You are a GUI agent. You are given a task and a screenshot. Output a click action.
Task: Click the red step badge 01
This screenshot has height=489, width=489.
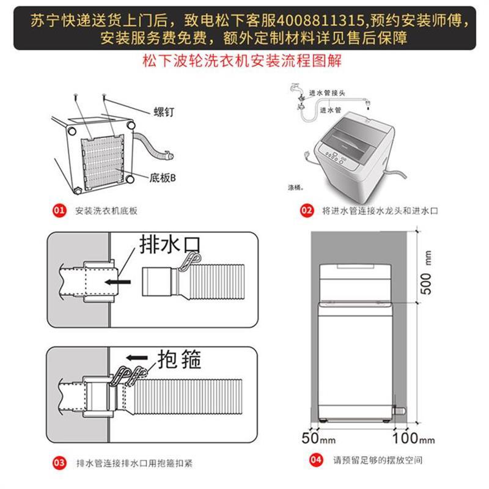tap(59, 211)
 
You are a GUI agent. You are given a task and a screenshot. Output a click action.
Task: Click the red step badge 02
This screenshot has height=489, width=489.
tap(306, 211)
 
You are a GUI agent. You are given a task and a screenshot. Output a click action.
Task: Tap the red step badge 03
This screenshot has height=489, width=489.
tap(59, 462)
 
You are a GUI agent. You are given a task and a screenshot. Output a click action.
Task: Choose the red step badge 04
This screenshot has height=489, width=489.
tap(315, 460)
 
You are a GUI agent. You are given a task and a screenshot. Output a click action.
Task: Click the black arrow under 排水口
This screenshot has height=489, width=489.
tap(117, 283)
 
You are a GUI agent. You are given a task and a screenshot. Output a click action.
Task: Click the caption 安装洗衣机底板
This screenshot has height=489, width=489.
tap(106, 211)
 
